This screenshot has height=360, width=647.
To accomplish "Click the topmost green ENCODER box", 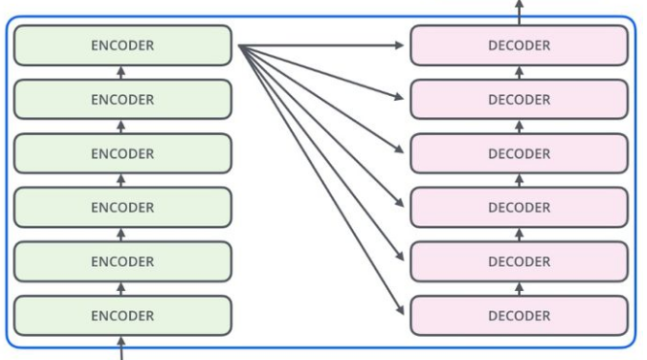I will coord(122,46).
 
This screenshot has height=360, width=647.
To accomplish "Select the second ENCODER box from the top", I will coord(122,99).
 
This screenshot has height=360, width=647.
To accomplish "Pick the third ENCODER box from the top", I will coord(122,153).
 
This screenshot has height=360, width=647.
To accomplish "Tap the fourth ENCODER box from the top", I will coord(122,207).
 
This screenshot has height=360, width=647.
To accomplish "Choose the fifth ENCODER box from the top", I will coord(122,261).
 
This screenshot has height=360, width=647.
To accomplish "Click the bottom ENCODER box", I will coord(122,315).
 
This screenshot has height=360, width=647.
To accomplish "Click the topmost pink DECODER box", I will coord(519,46).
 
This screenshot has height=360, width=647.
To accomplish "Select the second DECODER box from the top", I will coord(519,99).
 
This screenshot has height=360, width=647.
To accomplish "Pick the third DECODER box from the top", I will coord(519,153).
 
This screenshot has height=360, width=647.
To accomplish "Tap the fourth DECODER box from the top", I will coord(519,207).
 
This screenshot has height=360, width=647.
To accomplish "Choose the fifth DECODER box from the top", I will coord(519,261).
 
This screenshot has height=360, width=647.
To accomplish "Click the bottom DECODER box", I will coord(519,315).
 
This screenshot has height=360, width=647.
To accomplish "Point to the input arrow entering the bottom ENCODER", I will coord(121,346).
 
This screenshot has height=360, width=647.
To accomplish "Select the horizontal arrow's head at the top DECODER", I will coord(401,46).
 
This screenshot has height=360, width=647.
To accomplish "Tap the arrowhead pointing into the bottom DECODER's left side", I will coord(400,311).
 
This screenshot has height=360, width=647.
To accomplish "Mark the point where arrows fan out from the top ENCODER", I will coord(241,47).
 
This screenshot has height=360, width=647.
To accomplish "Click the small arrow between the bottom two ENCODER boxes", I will coord(121,288).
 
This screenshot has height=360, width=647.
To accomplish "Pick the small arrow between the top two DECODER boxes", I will coord(519,73).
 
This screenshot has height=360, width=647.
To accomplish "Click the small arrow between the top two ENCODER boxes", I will coord(121,73).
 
